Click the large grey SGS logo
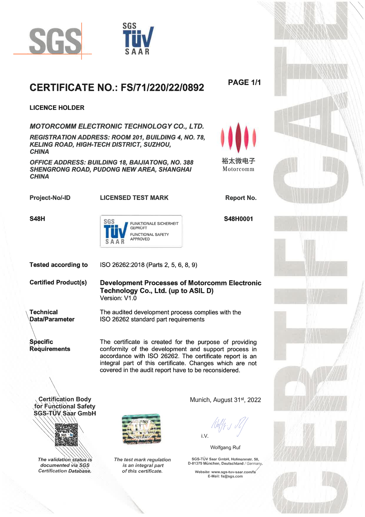coord(55,41)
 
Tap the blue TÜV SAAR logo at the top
coord(138,39)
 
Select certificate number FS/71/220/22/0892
coord(162,88)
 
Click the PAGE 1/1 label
coord(244,82)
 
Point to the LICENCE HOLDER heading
coord(57,108)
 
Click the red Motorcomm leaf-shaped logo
coord(238,137)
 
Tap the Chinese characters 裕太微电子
coord(238,161)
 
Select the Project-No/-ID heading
coord(50,198)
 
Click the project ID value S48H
coord(37,219)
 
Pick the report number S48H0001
coord(238,219)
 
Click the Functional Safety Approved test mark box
coord(141,231)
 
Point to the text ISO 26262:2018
coord(122,265)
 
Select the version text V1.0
coord(130,298)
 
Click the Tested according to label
coord(58,265)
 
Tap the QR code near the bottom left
coord(66,435)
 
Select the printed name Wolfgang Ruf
coord(225,448)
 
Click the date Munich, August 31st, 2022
coord(225,400)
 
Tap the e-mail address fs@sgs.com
coord(232,476)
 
